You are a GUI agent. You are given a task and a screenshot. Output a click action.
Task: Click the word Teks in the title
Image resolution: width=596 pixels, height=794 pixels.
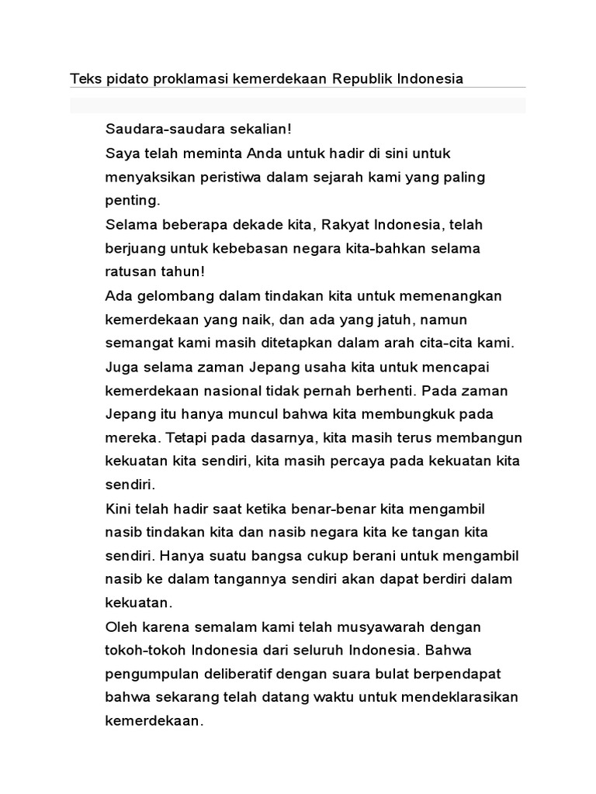tap(85, 79)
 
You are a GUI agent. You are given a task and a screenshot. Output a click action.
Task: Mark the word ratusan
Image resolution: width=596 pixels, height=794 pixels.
tap(130, 272)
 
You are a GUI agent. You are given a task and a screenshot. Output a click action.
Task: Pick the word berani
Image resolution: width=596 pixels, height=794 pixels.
tap(381, 556)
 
